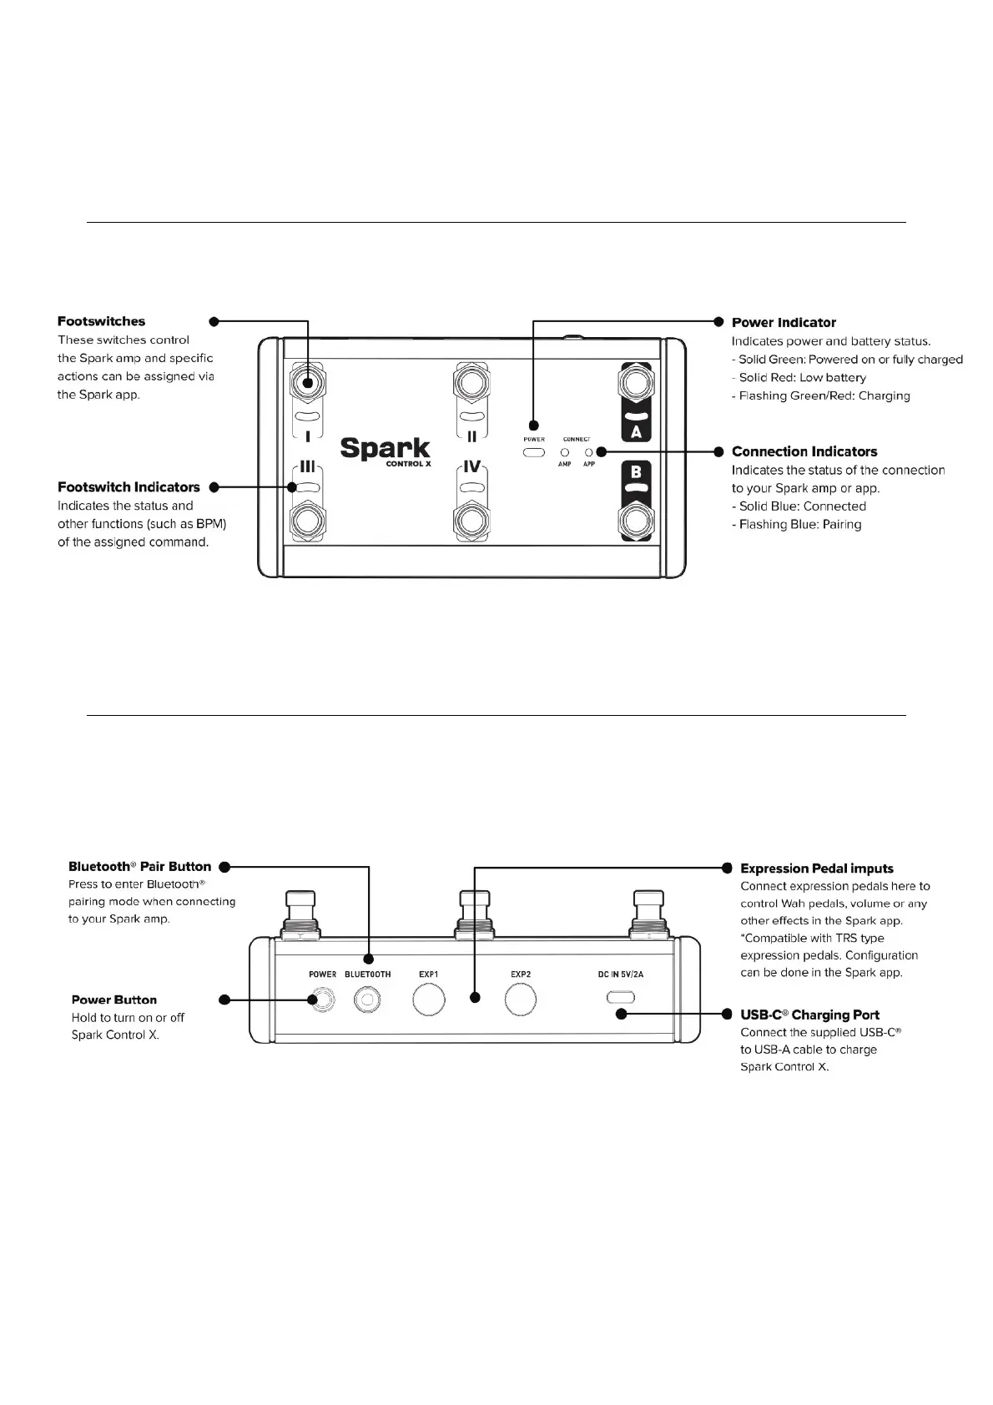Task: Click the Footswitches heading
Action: point(101,321)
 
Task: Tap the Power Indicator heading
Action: point(784,322)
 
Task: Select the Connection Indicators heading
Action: point(804,451)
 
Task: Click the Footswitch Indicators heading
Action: point(129,487)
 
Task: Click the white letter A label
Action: point(636,432)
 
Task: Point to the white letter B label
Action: point(636,472)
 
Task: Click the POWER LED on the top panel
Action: point(534,452)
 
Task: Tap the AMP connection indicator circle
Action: point(565,452)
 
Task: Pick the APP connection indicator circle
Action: point(589,452)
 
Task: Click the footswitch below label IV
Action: point(471,521)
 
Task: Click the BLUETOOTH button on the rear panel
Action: point(367,999)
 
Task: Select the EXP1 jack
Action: point(429,1000)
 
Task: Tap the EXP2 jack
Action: point(521,1000)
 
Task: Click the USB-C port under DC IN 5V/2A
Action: point(621,997)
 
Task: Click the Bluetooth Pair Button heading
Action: point(140,867)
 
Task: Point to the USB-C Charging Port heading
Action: point(809,1015)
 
